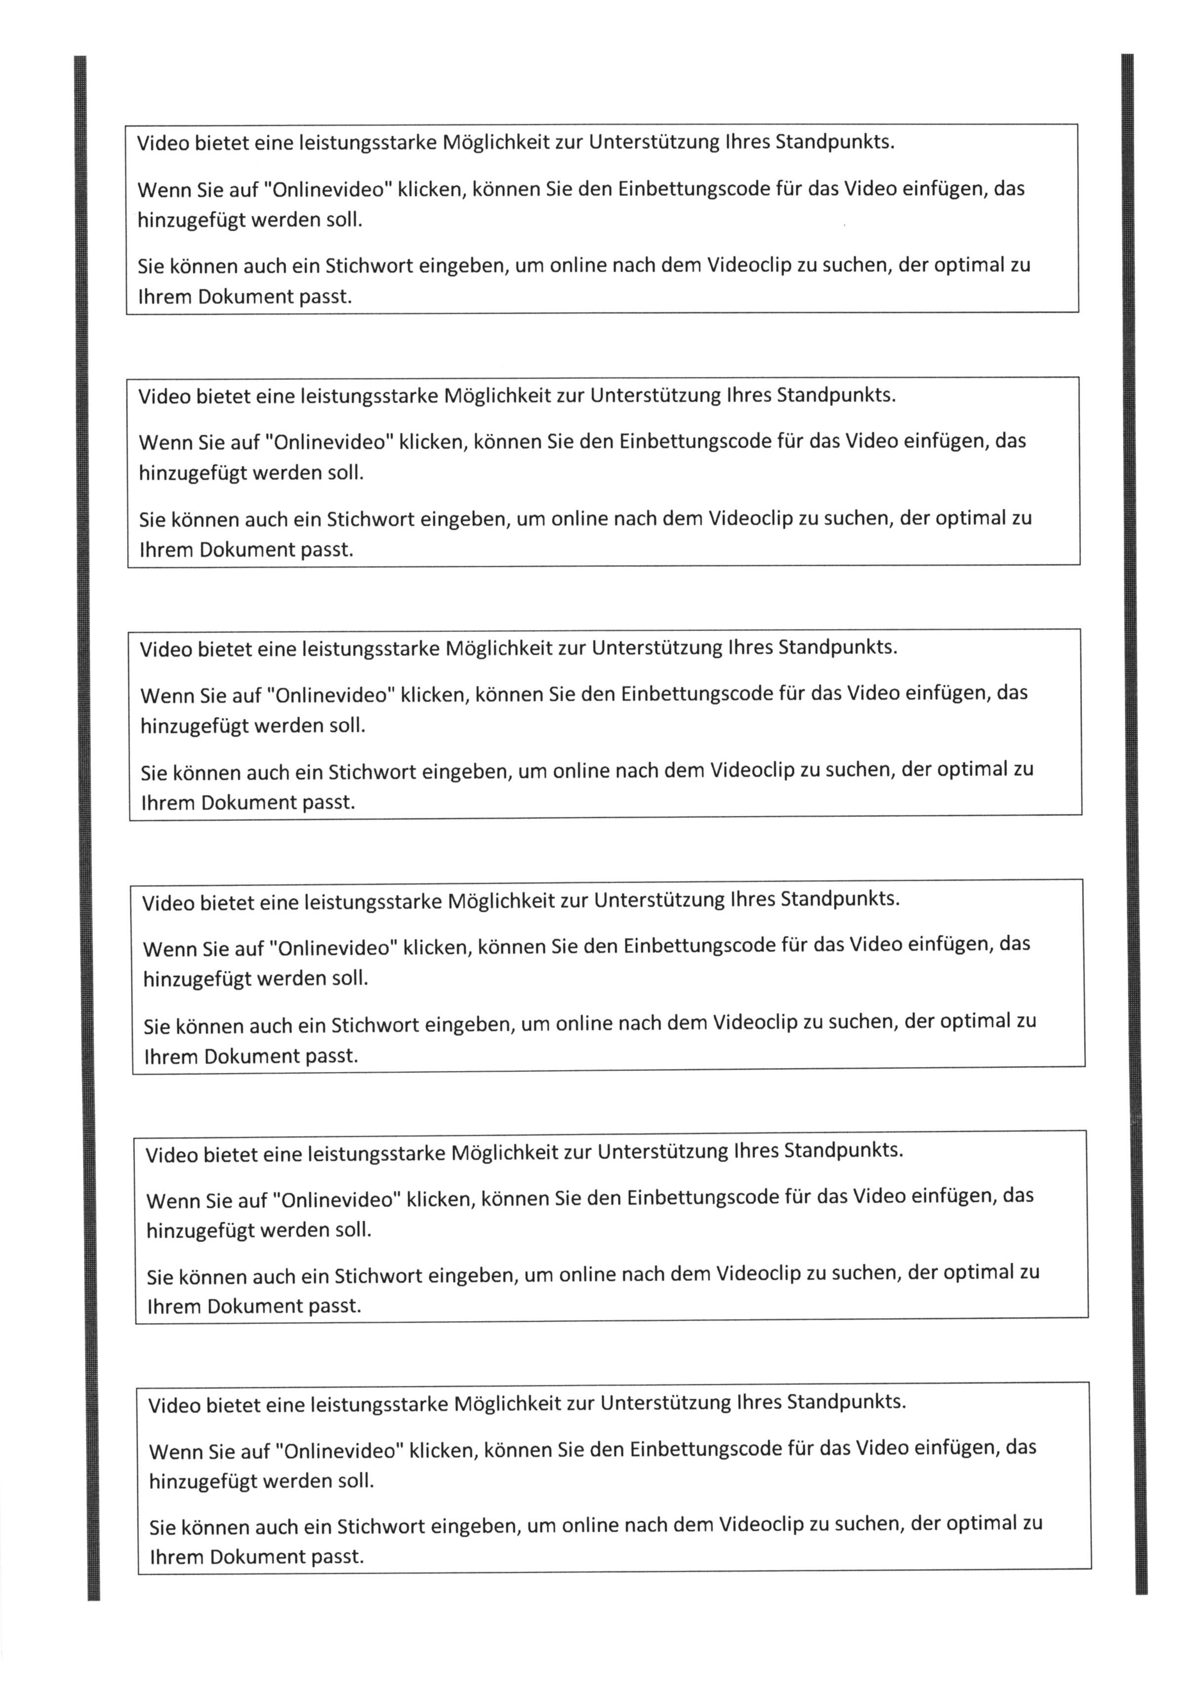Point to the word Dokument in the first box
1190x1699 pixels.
244,298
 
